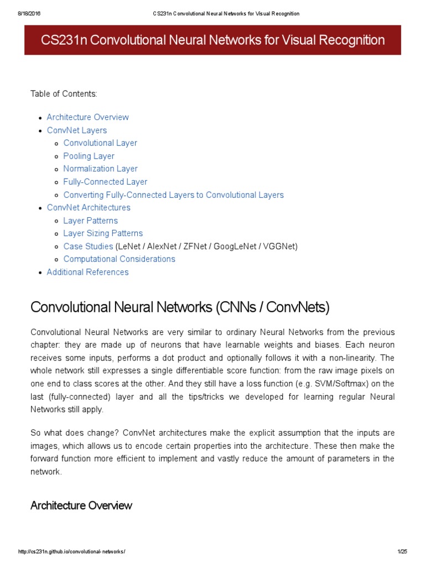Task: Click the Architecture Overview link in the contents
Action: click(87, 117)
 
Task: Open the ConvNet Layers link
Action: click(77, 130)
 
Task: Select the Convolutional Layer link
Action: click(100, 143)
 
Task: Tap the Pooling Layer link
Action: click(89, 156)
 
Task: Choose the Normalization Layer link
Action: click(100, 169)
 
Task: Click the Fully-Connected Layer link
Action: click(105, 182)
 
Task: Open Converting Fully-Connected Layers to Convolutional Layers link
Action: click(173, 195)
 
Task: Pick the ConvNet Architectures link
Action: click(89, 208)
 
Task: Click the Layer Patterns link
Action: click(90, 221)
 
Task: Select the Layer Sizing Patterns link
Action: click(103, 233)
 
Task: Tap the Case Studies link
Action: click(88, 247)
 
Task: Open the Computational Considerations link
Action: click(119, 259)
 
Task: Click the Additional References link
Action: click(87, 272)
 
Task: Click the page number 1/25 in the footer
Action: click(402, 552)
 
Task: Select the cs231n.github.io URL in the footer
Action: click(72, 552)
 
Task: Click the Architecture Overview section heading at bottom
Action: click(81, 505)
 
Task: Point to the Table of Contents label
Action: click(64, 94)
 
